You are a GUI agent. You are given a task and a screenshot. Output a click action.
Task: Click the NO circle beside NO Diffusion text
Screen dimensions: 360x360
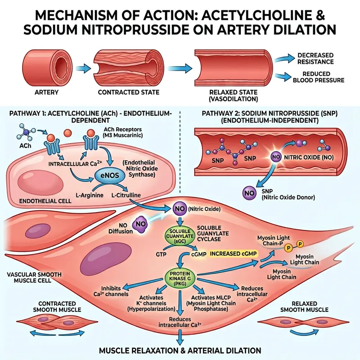click(x=140, y=224)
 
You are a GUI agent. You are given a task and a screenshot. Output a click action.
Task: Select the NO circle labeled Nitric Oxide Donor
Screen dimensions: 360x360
click(x=249, y=193)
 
